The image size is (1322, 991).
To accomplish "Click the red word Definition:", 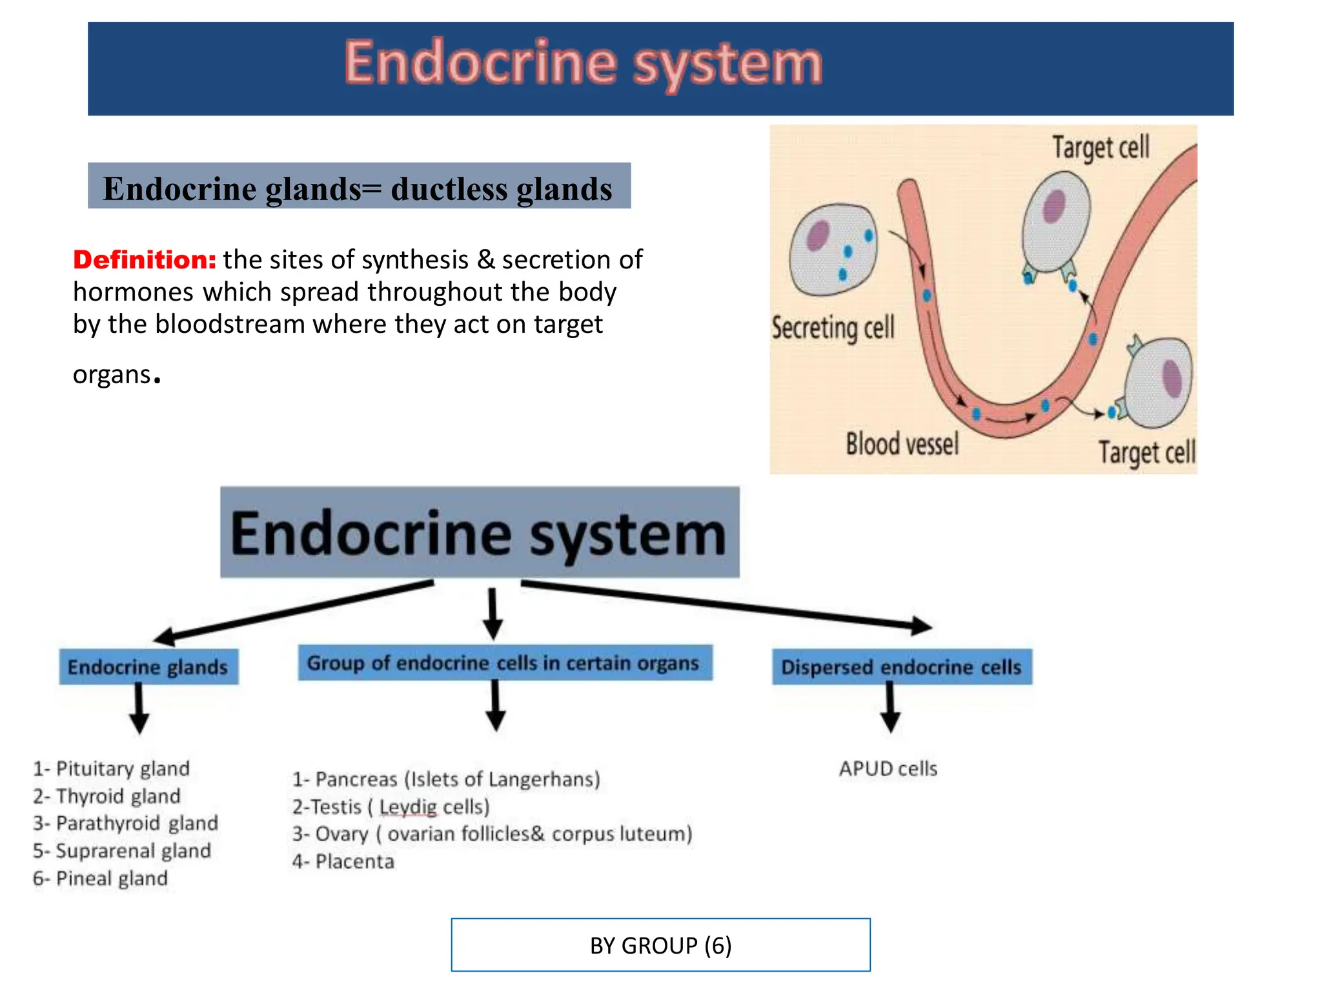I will pos(144,259).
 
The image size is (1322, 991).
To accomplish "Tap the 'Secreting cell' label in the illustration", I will pos(833,328).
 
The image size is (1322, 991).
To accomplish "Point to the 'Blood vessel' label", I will pos(902,445).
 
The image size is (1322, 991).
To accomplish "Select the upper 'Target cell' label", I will pos(1101,148).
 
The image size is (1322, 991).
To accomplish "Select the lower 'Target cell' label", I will pos(1146,452).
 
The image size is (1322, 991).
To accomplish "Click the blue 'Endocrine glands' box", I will pos(148,666).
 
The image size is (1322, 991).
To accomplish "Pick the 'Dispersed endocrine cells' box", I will pos(901,666).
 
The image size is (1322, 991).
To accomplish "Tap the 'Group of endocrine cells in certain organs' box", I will pos(504,663).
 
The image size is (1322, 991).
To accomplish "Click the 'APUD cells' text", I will pos(888,768).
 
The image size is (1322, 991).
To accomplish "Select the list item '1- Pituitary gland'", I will pos(112,768).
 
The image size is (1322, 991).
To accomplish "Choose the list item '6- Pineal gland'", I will pos(101,878).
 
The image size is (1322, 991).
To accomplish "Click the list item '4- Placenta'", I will pos(343,861).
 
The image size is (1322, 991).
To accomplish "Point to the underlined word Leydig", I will pos(408,806).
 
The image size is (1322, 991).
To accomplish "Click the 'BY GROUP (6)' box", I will pos(660,945).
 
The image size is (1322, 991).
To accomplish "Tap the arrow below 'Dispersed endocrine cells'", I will pos(890,708).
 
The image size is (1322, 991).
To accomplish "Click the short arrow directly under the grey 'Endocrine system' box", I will pos(493,612).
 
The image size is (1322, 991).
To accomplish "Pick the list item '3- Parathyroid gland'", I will pos(126,823).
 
